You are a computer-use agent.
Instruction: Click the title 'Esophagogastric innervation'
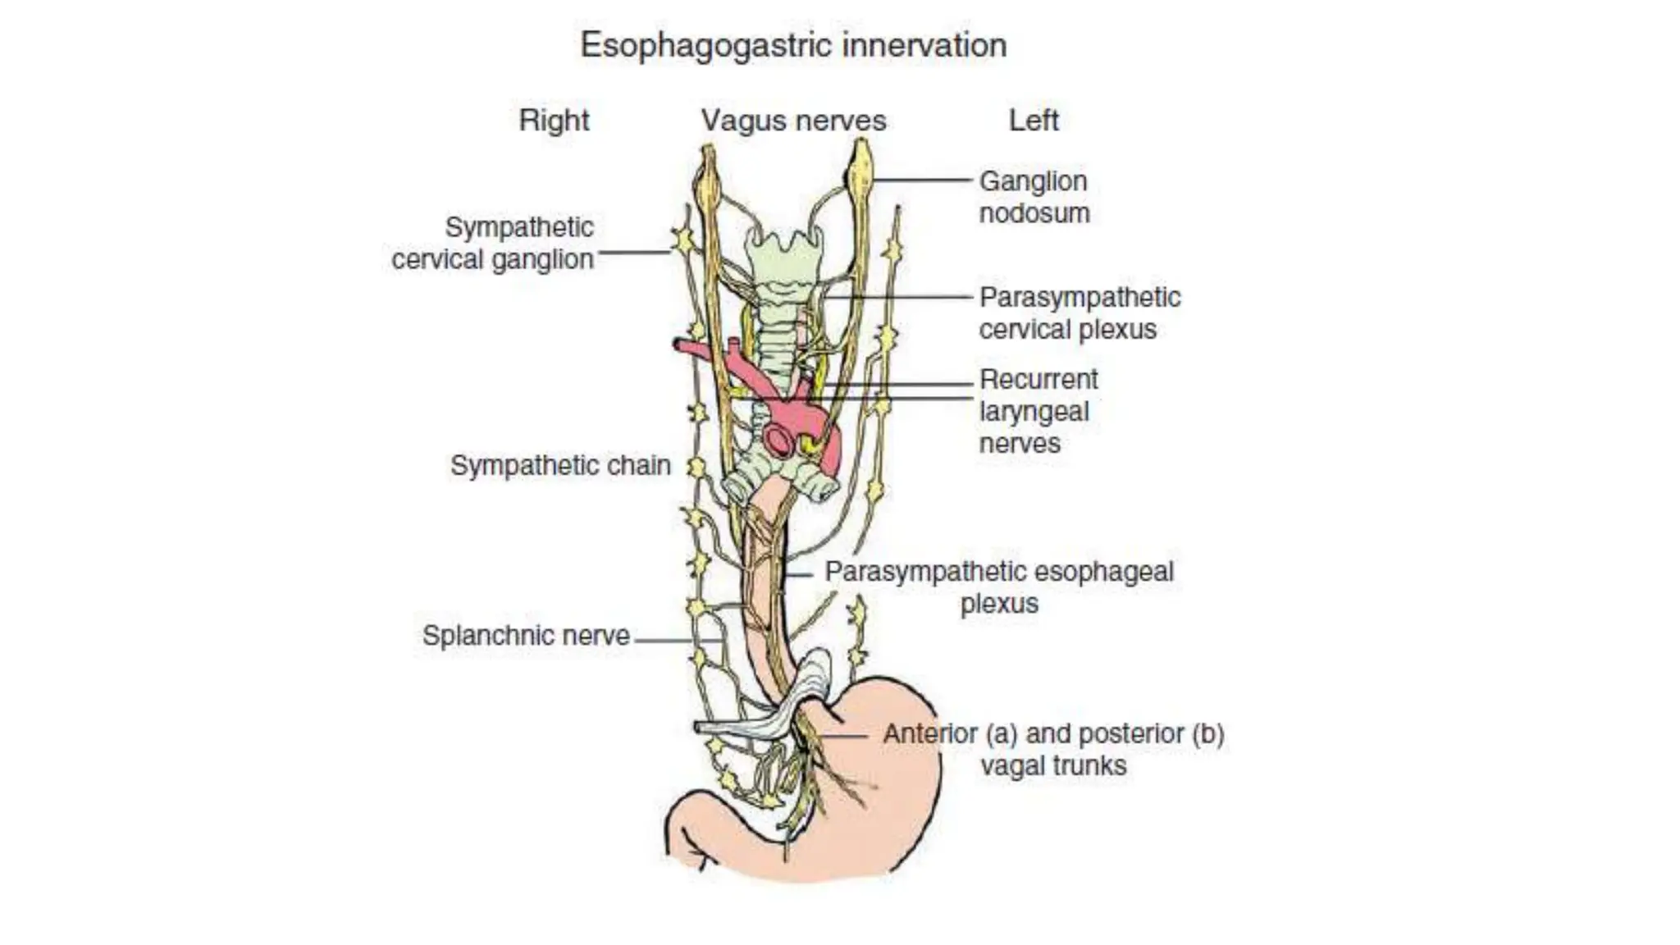click(792, 45)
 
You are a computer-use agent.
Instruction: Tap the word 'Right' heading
click(554, 121)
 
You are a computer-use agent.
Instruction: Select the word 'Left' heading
click(1033, 121)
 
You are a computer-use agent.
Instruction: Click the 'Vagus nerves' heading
click(793, 121)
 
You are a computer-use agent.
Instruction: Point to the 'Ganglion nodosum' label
click(1034, 197)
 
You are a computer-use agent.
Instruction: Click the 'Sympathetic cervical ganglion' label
click(493, 243)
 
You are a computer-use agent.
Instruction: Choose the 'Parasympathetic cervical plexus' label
click(1079, 313)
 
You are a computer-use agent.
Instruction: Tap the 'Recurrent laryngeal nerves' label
click(1038, 411)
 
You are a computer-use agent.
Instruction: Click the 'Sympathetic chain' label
click(560, 465)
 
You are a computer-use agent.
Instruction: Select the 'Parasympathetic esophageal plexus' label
click(998, 587)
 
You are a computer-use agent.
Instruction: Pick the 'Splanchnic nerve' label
click(526, 635)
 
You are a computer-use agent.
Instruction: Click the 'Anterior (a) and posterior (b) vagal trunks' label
click(1053, 749)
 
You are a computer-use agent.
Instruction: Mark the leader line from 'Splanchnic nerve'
click(677, 640)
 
